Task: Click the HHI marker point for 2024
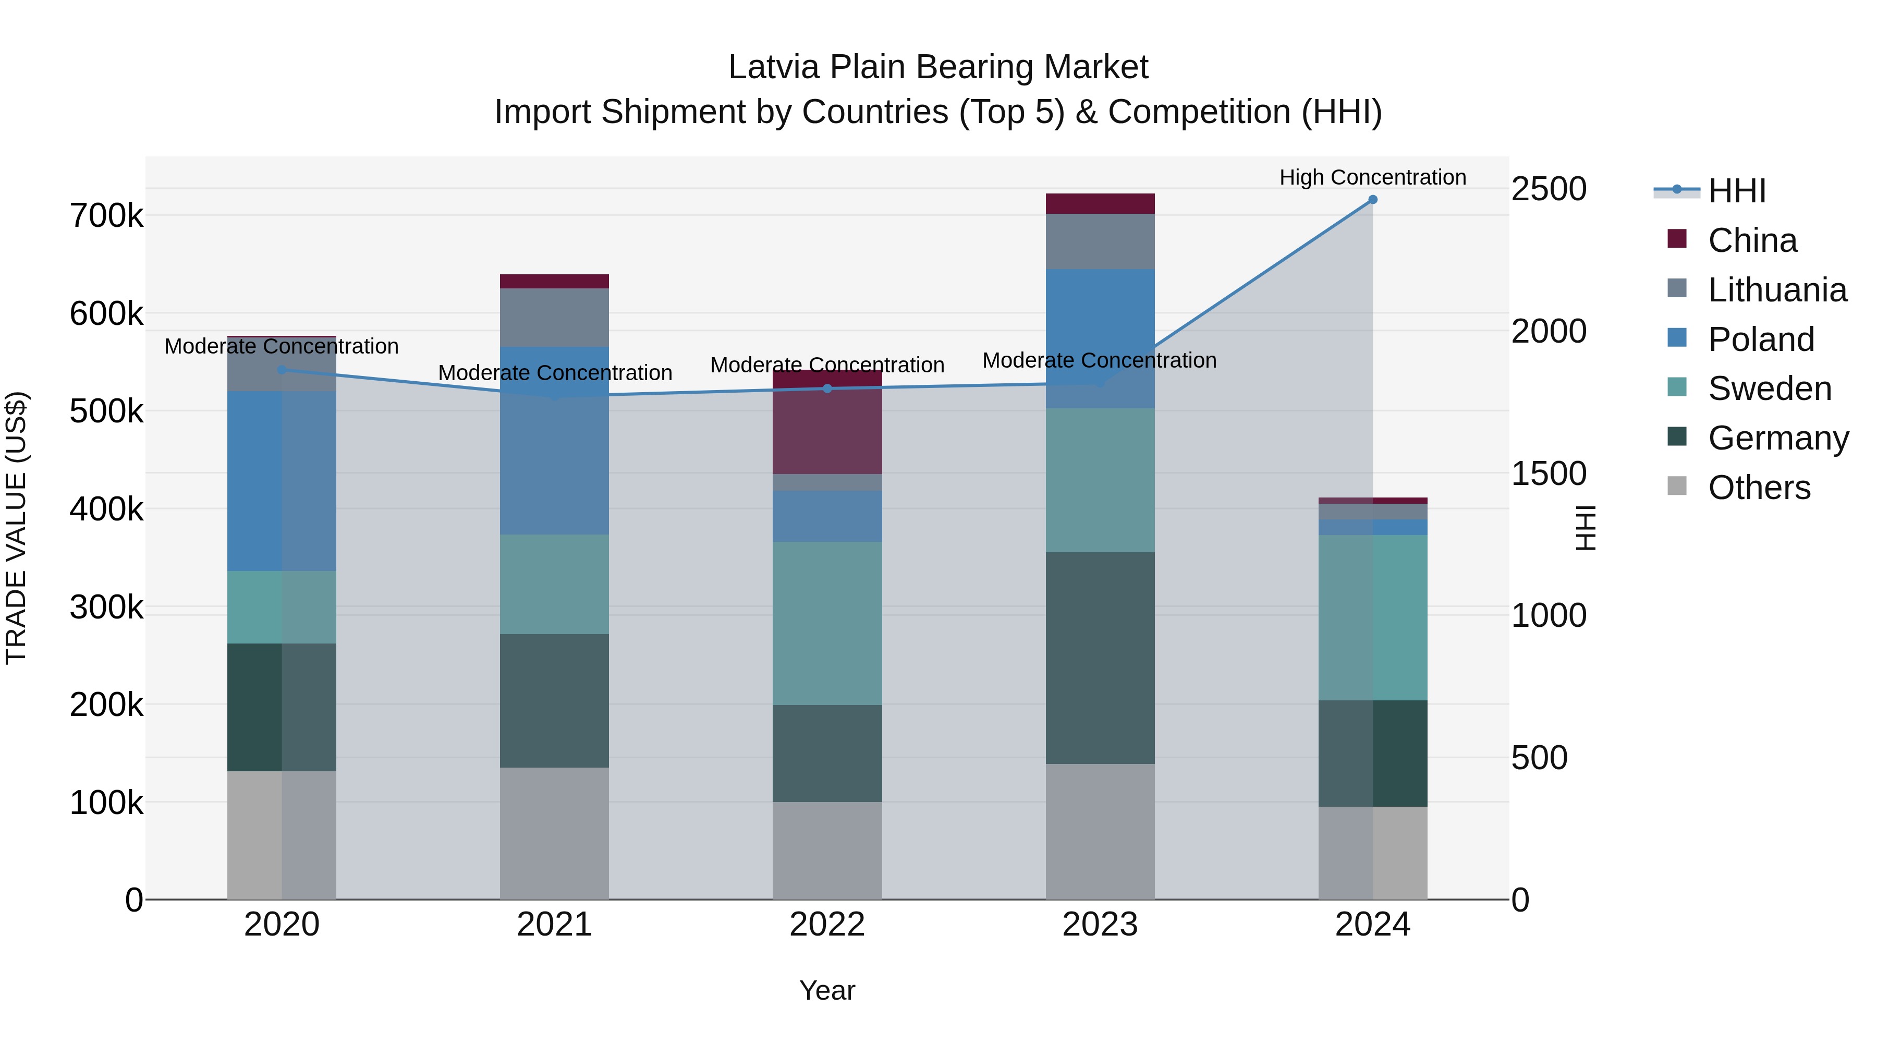[x=1372, y=200]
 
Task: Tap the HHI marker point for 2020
[x=282, y=370]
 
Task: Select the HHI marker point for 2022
[x=827, y=389]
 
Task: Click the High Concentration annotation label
[x=1372, y=177]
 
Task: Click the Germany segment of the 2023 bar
[x=1100, y=658]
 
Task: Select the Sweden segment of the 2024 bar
[x=1372, y=617]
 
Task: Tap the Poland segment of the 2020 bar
[x=282, y=481]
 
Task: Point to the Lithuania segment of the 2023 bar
[x=1100, y=241]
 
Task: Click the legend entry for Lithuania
[x=1776, y=290]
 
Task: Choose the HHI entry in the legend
[x=1736, y=191]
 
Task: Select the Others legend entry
[x=1758, y=488]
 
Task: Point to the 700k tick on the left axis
[x=106, y=216]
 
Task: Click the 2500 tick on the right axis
[x=1549, y=189]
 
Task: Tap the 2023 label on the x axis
[x=1100, y=925]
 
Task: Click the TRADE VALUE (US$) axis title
[x=16, y=528]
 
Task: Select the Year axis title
[x=827, y=990]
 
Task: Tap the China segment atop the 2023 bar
[x=1100, y=203]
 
